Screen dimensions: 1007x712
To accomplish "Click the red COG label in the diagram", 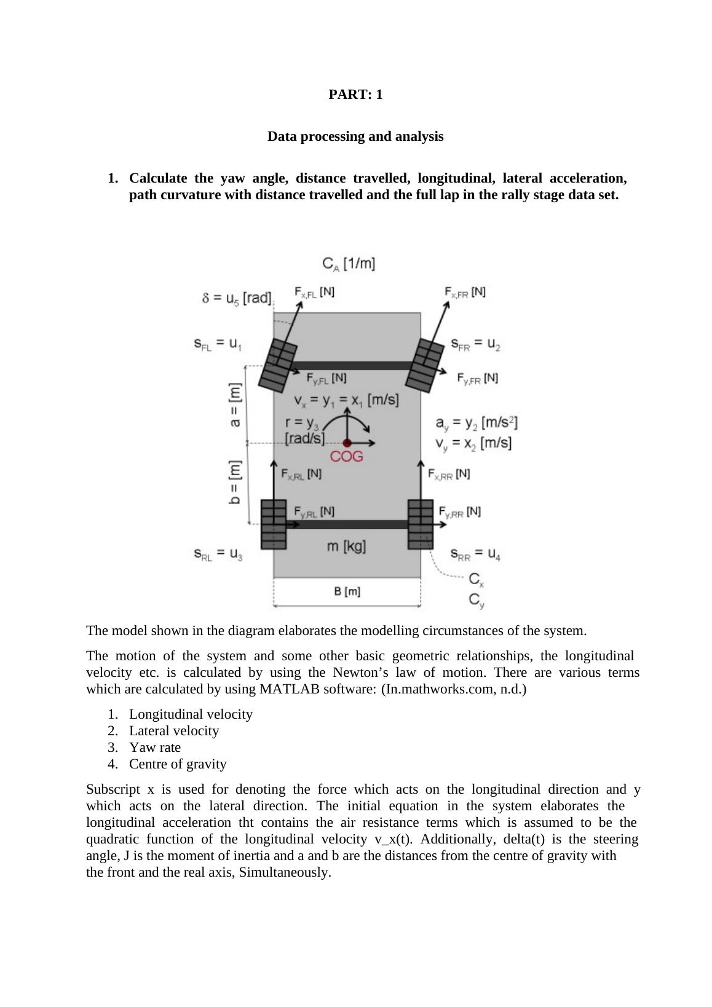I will pyautogui.click(x=347, y=457).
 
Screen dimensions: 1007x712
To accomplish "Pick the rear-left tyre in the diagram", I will pyautogui.click(x=274, y=524).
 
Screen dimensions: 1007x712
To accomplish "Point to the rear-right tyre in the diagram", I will pyautogui.click(x=421, y=524).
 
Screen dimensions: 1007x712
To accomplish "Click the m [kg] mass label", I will pyautogui.click(x=346, y=546).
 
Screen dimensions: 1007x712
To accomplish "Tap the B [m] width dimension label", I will pyautogui.click(x=347, y=591).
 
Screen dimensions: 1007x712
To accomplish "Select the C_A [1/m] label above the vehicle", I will pyautogui.click(x=349, y=264).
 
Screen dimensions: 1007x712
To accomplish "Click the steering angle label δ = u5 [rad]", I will pyautogui.click(x=237, y=299).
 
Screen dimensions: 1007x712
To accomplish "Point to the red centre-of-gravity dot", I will pyautogui.click(x=347, y=443).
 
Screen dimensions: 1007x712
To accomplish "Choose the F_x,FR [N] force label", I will pyautogui.click(x=465, y=292).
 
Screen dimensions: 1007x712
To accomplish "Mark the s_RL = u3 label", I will pyautogui.click(x=218, y=555).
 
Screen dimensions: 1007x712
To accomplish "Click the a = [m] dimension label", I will pyautogui.click(x=234, y=406).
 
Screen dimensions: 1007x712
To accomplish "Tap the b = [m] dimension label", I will pyautogui.click(x=234, y=483).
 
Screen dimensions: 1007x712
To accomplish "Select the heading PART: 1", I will pyautogui.click(x=355, y=95).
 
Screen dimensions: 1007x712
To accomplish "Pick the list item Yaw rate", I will pyautogui.click(x=155, y=748).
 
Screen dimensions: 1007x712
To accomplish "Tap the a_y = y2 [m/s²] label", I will pyautogui.click(x=477, y=423).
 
